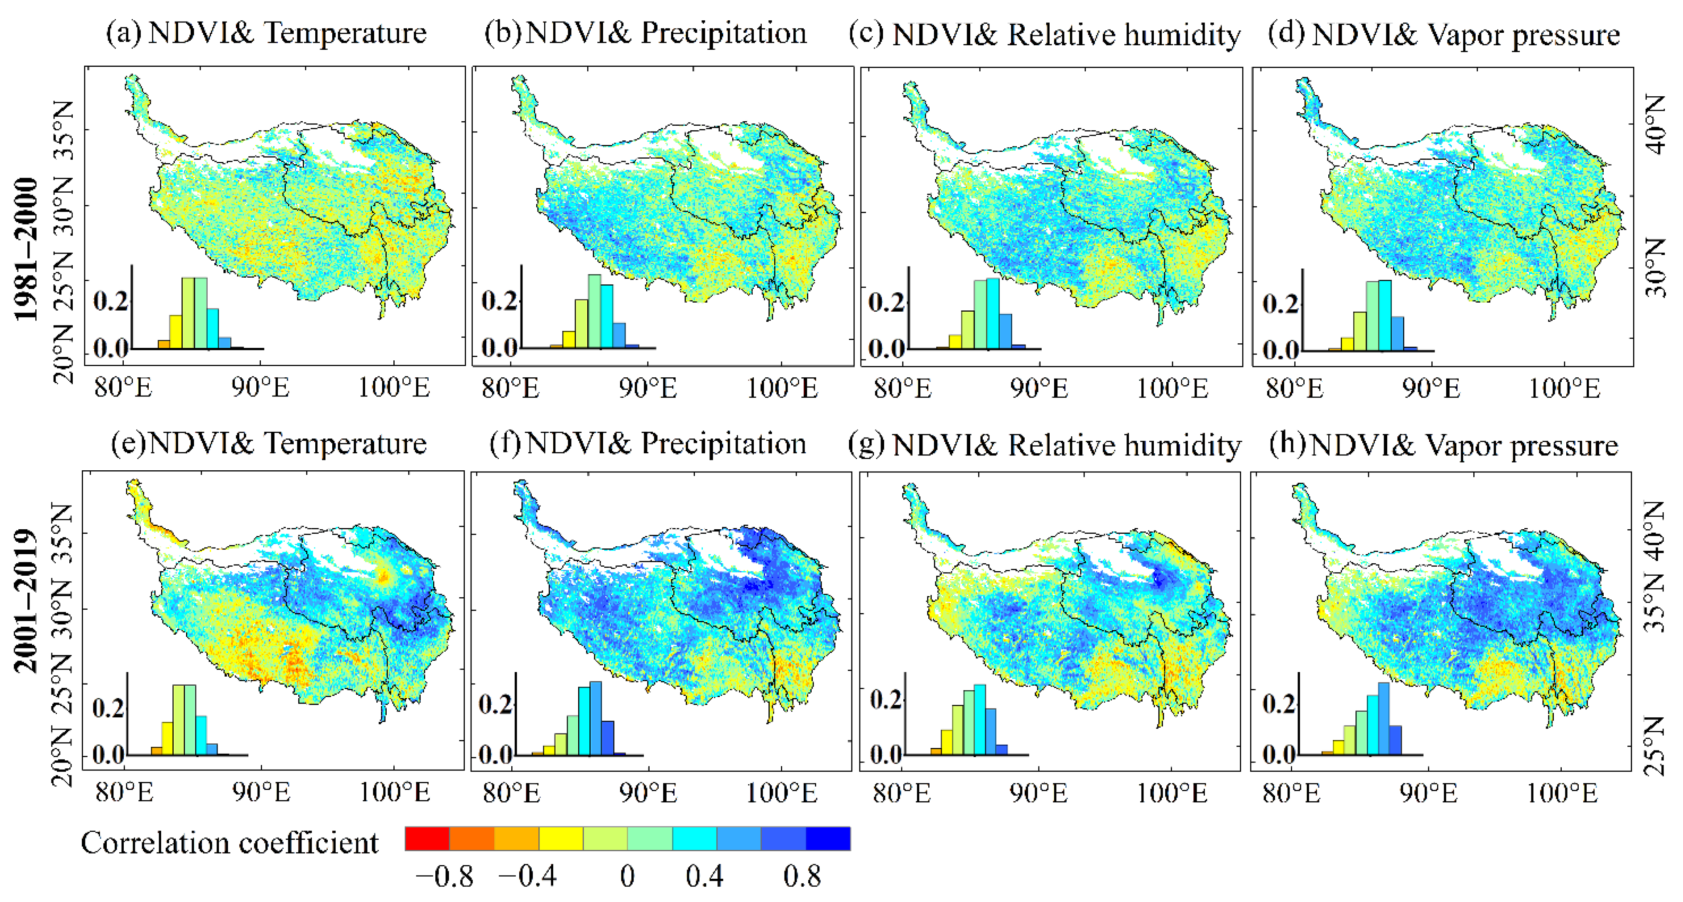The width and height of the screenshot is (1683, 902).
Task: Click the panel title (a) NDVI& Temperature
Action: click(x=267, y=33)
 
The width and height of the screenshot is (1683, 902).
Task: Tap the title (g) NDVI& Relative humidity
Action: click(x=1044, y=445)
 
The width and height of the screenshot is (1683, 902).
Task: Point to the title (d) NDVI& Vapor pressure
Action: click(x=1443, y=34)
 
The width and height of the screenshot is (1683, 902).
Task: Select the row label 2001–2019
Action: click(x=26, y=601)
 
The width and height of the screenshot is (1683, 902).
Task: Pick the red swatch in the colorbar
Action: click(x=427, y=838)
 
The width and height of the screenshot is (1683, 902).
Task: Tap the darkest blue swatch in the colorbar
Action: click(x=828, y=838)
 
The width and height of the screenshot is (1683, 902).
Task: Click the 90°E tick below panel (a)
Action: click(x=260, y=388)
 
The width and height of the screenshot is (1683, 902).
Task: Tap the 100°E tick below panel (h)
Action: click(x=1561, y=793)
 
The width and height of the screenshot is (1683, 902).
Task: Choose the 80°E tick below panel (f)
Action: click(x=512, y=793)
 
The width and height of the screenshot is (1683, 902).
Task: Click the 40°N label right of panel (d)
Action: click(x=1656, y=124)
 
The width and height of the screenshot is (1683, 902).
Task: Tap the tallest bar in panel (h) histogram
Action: click(x=1383, y=719)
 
